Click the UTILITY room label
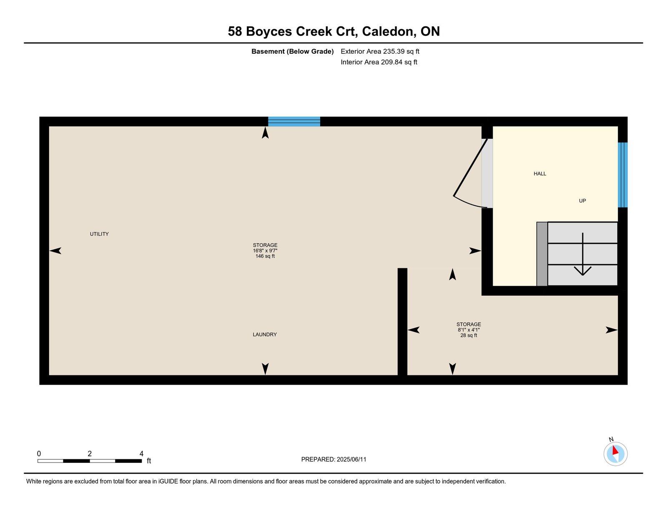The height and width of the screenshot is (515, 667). [x=99, y=234]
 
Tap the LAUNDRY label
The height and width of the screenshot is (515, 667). [x=265, y=334]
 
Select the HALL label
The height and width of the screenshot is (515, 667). [x=539, y=174]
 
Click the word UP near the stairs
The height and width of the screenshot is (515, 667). [x=582, y=200]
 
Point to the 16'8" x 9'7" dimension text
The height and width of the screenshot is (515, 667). [x=265, y=250]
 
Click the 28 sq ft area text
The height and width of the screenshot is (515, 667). [x=469, y=335]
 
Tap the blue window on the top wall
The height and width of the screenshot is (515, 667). [x=294, y=122]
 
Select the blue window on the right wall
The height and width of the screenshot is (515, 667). [x=622, y=175]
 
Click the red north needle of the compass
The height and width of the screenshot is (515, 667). [x=615, y=450]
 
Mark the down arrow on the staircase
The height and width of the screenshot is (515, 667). [x=583, y=254]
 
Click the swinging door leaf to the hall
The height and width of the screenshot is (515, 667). [x=470, y=167]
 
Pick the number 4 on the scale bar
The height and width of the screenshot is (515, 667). [x=141, y=454]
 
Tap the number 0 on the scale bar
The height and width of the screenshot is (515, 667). [x=39, y=454]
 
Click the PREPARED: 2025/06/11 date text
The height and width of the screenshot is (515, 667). [x=333, y=459]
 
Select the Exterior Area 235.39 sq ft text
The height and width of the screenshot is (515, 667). [x=380, y=52]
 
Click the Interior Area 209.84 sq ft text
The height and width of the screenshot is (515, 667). [x=379, y=62]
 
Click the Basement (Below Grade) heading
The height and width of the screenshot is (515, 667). [x=292, y=52]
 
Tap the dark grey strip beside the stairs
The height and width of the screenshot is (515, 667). [x=542, y=254]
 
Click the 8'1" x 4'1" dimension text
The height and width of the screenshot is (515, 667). [x=469, y=330]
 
